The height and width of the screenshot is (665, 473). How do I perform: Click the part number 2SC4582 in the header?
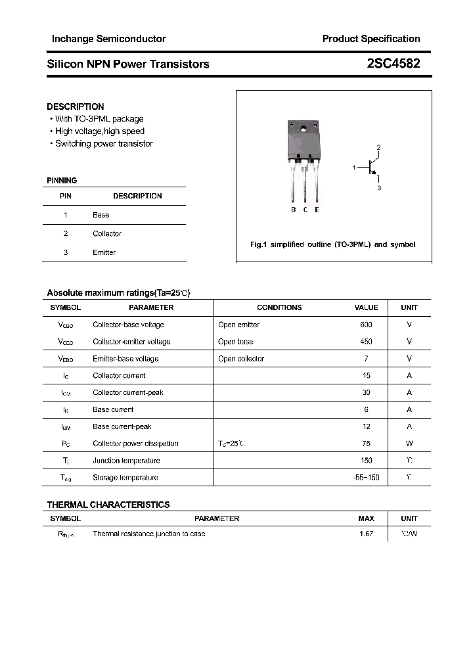[x=394, y=64]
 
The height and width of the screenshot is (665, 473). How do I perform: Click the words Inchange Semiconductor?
[x=109, y=39]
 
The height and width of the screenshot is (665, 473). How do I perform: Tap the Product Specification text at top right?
[x=371, y=39]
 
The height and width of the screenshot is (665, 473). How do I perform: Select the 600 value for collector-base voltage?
[x=366, y=325]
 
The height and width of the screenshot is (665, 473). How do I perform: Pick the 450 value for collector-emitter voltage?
[x=366, y=342]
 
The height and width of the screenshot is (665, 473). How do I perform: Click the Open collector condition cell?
[x=241, y=359]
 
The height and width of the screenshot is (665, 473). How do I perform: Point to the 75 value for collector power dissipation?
[x=366, y=444]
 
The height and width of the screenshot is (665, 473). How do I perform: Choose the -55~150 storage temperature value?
[x=366, y=478]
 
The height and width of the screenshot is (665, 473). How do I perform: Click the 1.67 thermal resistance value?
[x=366, y=534]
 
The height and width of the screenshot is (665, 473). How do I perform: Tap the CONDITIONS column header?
[x=279, y=308]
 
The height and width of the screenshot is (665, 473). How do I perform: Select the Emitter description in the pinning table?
[x=104, y=252]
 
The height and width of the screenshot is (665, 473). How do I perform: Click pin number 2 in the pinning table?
[x=66, y=233]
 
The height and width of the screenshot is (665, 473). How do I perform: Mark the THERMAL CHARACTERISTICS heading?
[x=108, y=505]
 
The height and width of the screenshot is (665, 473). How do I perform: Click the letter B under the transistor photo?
[x=294, y=210]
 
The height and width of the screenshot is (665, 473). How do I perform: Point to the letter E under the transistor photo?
[x=317, y=210]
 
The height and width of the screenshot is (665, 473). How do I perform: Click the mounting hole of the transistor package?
[x=304, y=128]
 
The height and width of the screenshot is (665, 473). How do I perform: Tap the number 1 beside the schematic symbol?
[x=354, y=168]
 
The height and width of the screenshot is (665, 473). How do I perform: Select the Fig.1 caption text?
[x=333, y=244]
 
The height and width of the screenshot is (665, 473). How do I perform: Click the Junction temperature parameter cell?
[x=125, y=461]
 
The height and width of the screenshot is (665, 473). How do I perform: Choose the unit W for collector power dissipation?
[x=409, y=444]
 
